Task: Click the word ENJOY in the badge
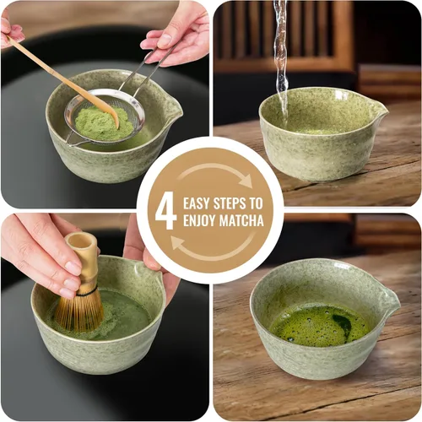pos(199,222)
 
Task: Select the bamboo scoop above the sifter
pos(59,77)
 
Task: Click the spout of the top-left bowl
pos(172,107)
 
